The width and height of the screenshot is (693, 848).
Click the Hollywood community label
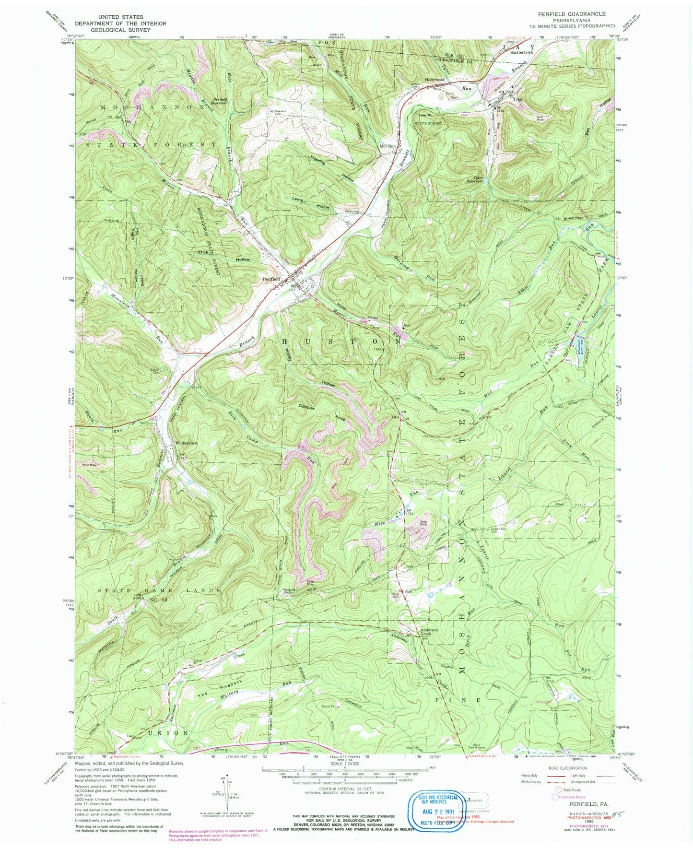(x=435, y=80)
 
